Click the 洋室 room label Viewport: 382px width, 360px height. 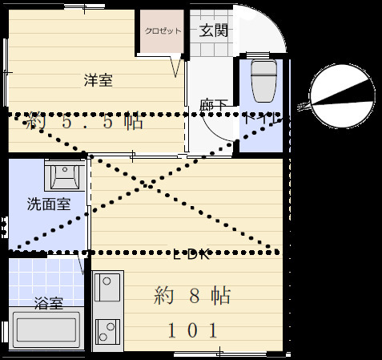tap(99, 79)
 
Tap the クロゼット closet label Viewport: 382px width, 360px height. tap(163, 32)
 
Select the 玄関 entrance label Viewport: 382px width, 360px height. tap(213, 31)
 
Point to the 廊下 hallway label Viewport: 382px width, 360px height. tap(212, 103)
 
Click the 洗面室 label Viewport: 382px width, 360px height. tap(48, 204)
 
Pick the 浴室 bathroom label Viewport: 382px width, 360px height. tap(49, 303)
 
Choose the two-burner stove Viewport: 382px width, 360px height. tap(107, 330)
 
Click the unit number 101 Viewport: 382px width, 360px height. tap(192, 330)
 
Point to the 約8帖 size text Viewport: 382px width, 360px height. tap(192, 295)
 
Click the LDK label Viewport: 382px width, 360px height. tap(192, 257)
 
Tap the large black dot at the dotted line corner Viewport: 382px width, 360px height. tap(84, 153)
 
